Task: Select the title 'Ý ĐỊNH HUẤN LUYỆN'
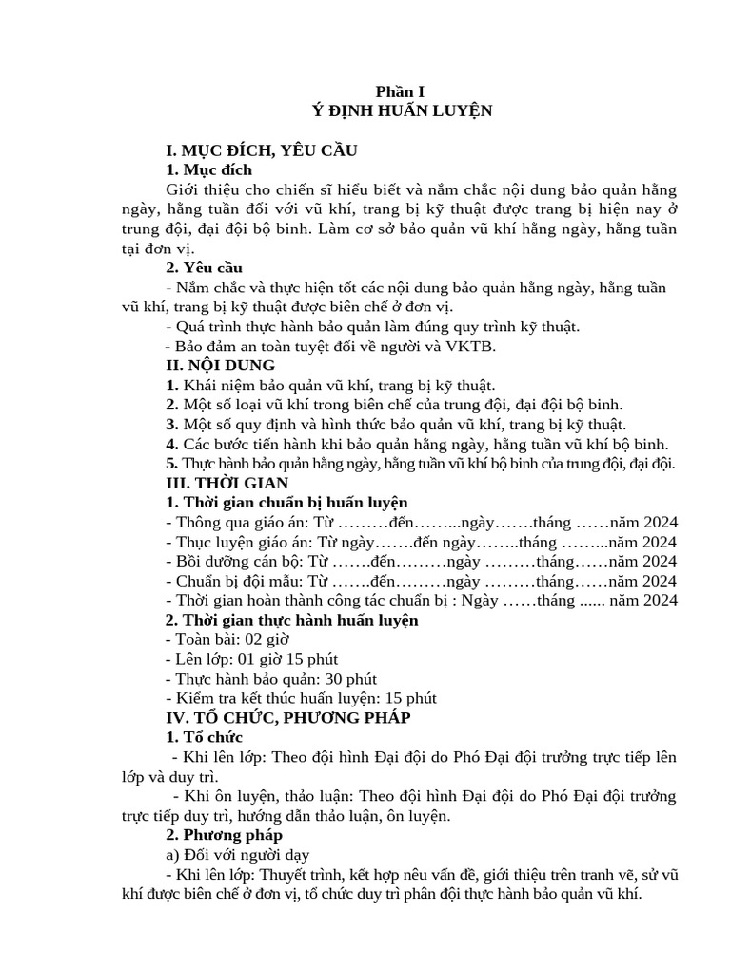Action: pos(403,110)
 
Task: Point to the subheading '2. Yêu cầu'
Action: pos(205,268)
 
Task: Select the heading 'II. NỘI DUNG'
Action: pos(220,366)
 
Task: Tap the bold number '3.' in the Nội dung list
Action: pos(172,425)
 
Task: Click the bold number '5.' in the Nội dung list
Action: pos(172,464)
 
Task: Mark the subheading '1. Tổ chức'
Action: pos(205,737)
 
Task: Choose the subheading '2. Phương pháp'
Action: pos(224,834)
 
